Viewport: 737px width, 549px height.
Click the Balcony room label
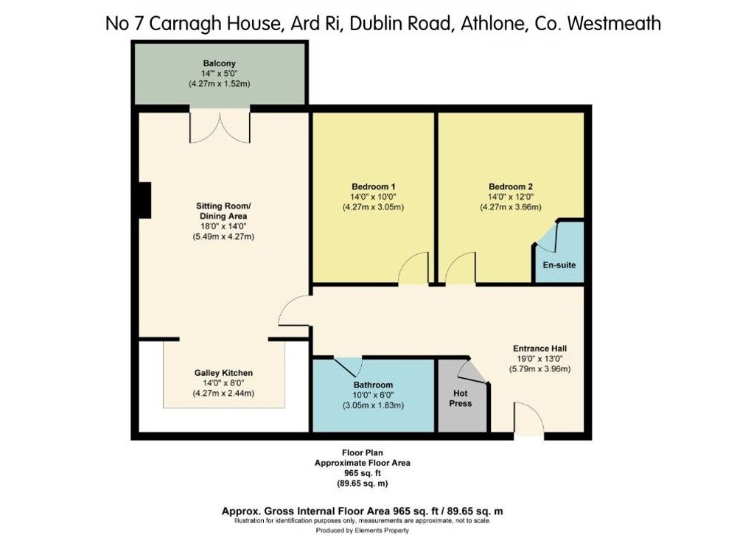point(219,63)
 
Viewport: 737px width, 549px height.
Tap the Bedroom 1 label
point(373,186)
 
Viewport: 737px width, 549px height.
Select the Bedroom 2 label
point(511,186)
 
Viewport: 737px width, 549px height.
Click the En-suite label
point(559,265)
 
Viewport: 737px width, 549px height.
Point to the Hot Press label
point(460,398)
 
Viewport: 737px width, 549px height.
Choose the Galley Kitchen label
point(223,373)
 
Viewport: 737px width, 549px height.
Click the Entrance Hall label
point(539,349)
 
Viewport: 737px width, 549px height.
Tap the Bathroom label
point(373,385)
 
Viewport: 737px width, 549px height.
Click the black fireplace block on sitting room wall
point(144,200)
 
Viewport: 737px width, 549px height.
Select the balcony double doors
point(220,126)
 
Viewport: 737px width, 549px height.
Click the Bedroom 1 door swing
point(413,268)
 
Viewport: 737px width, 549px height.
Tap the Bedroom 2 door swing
point(460,268)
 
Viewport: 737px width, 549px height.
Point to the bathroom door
point(348,367)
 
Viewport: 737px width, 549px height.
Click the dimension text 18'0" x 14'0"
point(223,226)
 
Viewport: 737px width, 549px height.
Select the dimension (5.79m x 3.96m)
point(539,369)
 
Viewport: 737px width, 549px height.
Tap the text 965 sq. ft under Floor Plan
point(363,473)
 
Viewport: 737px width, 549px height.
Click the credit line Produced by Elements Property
point(363,530)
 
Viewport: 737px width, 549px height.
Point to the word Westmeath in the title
point(615,24)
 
